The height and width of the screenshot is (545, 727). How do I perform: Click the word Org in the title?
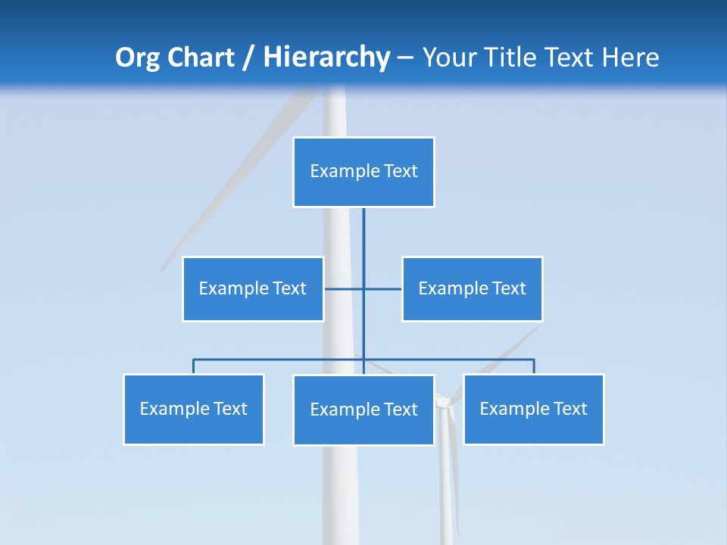pyautogui.click(x=138, y=58)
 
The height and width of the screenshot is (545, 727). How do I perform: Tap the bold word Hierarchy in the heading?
pyautogui.click(x=326, y=58)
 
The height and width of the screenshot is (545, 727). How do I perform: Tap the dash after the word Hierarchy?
pyautogui.click(x=405, y=58)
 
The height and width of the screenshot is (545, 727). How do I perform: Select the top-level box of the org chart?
pyautogui.click(x=363, y=172)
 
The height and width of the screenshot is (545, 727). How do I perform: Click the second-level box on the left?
pyautogui.click(x=253, y=288)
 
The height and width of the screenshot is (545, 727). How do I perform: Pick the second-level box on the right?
pyautogui.click(x=473, y=288)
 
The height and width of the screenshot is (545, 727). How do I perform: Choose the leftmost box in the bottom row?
pyautogui.click(x=194, y=409)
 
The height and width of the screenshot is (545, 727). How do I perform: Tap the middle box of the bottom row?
pyautogui.click(x=363, y=410)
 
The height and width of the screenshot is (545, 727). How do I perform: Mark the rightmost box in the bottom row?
pyautogui.click(x=534, y=409)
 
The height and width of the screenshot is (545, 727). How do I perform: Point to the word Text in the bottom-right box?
pyautogui.click(x=569, y=409)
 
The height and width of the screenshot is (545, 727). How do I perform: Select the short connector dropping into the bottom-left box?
pyautogui.click(x=194, y=366)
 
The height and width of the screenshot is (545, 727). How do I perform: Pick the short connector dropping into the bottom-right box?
pyautogui.click(x=534, y=366)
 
